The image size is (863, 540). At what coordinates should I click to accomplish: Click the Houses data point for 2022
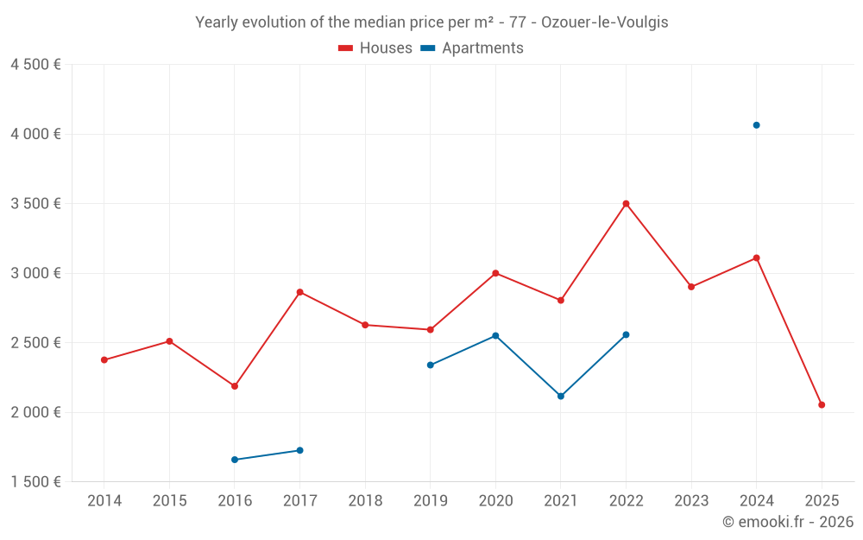[626, 204]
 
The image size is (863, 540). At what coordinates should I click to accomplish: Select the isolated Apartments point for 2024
[756, 125]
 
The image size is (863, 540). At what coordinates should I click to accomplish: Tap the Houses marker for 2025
[822, 404]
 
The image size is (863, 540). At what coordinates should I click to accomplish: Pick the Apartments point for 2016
[235, 460]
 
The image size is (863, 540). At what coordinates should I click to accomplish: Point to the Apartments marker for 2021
[561, 396]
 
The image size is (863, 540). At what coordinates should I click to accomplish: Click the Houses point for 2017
[299, 292]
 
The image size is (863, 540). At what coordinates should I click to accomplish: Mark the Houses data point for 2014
[104, 359]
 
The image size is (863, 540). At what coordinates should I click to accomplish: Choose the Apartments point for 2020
[495, 335]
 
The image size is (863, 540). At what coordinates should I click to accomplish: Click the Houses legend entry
[375, 48]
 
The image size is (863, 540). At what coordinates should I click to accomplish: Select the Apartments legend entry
[472, 48]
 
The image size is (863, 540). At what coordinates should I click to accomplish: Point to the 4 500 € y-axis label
[35, 65]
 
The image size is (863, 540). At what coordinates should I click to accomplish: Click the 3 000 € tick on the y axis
[35, 273]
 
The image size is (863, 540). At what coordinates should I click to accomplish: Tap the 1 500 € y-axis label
[35, 482]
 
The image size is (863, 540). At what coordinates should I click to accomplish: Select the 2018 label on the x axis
[365, 501]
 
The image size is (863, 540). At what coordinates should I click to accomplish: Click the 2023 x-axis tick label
[691, 501]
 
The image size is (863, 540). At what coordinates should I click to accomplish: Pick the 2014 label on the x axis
[104, 501]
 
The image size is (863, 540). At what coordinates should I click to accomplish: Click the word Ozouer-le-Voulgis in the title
[604, 22]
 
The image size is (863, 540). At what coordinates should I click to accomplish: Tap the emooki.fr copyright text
[787, 522]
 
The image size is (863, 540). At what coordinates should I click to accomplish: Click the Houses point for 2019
[430, 329]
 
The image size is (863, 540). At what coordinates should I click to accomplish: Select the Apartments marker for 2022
[626, 334]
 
